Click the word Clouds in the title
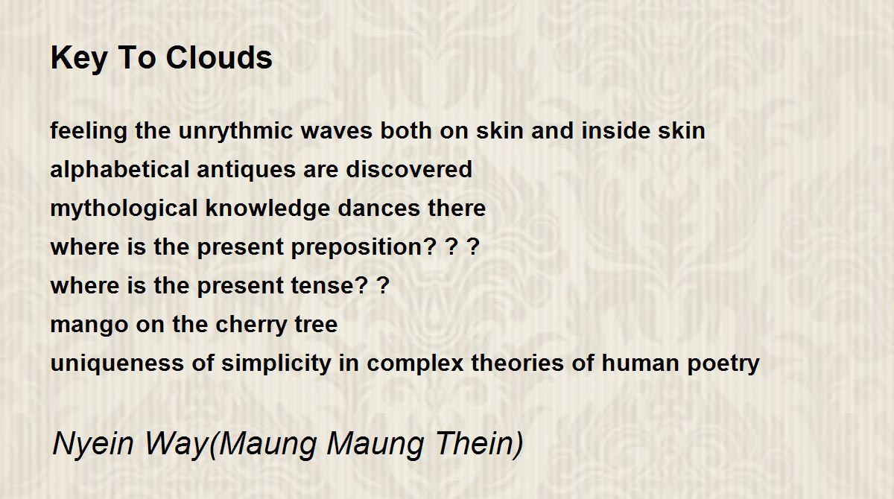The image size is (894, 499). [x=219, y=57]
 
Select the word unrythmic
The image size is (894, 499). [x=235, y=132]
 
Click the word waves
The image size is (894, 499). [x=336, y=132]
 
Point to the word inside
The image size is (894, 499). [x=616, y=131]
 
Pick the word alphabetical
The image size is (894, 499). [x=120, y=171]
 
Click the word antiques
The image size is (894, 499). [x=246, y=171]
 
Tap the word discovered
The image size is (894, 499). [x=409, y=170]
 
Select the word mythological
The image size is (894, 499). [x=124, y=209]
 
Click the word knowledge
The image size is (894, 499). [x=267, y=209]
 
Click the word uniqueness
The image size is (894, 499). [x=118, y=363]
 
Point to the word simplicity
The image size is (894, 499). [x=276, y=363]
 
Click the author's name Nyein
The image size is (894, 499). [x=93, y=444]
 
